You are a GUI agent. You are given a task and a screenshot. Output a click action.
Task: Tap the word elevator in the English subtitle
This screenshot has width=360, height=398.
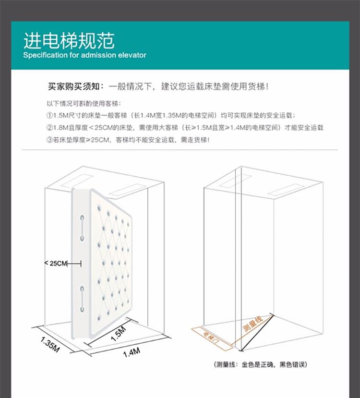click(131, 55)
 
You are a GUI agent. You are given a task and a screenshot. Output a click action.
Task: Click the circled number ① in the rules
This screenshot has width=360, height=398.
click(49, 115)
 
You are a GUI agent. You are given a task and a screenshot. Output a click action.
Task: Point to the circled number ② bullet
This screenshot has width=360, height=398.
click(49, 127)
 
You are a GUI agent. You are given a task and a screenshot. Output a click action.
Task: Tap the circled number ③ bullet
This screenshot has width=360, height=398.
click(49, 139)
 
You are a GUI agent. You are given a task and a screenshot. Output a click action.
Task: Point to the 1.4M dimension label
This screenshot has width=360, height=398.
click(131, 353)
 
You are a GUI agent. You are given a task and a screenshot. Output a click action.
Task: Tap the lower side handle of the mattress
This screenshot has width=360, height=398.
click(82, 296)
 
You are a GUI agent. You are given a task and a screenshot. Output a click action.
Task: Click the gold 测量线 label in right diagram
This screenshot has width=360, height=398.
click(253, 324)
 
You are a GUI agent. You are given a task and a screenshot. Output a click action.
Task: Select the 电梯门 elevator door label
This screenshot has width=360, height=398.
click(211, 335)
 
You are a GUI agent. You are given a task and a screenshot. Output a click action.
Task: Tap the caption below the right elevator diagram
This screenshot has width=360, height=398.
click(261, 365)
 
